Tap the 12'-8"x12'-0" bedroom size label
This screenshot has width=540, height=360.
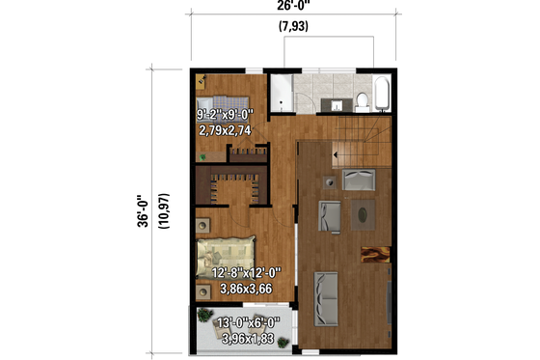pyautogui.click(x=247, y=273)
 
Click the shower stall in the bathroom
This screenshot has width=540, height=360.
pyautogui.click(x=279, y=95)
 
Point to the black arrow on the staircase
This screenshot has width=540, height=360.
pyautogui.click(x=334, y=150)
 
